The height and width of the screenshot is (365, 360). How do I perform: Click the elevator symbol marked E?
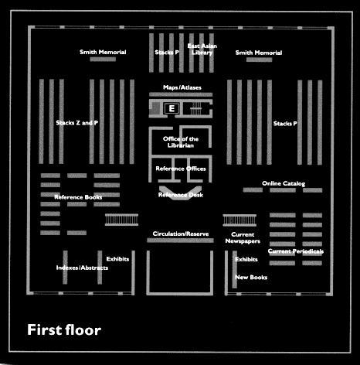(x=172, y=108)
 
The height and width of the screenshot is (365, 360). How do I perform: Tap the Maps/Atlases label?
(x=182, y=87)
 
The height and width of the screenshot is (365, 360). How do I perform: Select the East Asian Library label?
(x=202, y=49)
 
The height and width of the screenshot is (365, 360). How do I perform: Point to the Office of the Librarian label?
(x=181, y=142)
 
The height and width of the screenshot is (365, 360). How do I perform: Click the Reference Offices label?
(x=181, y=169)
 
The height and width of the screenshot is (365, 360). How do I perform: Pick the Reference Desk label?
(x=181, y=195)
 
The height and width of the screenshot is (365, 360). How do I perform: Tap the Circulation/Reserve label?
(x=181, y=234)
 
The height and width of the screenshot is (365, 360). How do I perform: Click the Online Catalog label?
(x=284, y=183)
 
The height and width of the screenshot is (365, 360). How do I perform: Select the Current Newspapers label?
(x=243, y=237)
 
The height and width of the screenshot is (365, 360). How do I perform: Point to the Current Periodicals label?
(x=296, y=251)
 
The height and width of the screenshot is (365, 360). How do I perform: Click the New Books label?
(x=251, y=278)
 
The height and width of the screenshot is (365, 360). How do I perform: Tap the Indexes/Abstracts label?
(x=82, y=268)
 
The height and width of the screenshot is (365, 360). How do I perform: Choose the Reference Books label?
(x=78, y=197)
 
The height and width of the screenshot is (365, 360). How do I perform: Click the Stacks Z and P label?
(x=77, y=123)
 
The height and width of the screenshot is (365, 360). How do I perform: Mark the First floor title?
(x=64, y=330)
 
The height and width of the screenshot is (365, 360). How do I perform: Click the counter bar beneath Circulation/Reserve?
(x=180, y=240)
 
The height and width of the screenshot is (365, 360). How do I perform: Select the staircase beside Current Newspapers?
(x=239, y=220)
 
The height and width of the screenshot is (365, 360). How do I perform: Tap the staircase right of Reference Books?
(x=121, y=220)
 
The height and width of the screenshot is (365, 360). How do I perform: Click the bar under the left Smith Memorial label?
(x=103, y=60)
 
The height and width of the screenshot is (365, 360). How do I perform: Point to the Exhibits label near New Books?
(x=246, y=259)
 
